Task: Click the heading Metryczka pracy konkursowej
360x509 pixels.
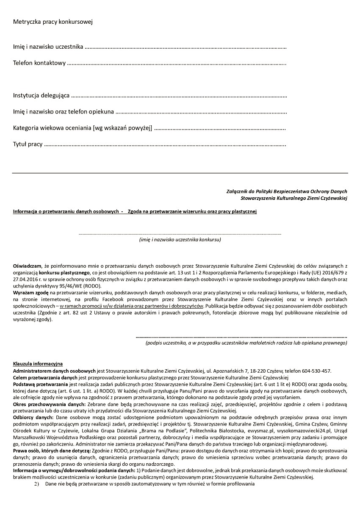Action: click(x=53, y=22)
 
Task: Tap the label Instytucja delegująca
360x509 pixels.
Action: click(x=41, y=96)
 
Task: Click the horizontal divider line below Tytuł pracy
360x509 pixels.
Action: click(x=180, y=173)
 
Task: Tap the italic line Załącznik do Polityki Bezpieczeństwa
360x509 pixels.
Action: click(x=287, y=191)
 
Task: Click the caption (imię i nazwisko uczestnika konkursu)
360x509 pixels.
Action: click(x=180, y=240)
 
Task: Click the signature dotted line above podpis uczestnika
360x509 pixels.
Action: click(x=241, y=337)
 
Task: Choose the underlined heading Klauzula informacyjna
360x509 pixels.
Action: click(x=38, y=364)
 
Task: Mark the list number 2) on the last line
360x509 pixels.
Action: click(x=36, y=484)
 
